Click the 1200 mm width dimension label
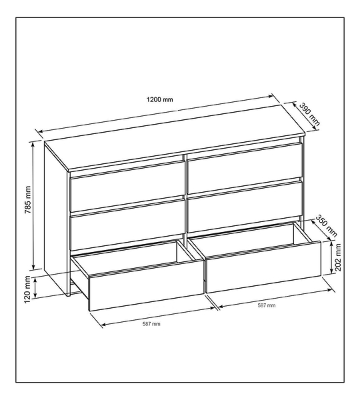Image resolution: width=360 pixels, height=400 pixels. [159, 99]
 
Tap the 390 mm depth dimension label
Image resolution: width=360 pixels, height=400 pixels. [309, 114]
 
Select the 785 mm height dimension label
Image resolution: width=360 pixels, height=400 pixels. [27, 200]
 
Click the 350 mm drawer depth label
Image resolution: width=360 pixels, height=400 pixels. [326, 226]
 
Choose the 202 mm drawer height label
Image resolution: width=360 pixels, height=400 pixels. [338, 257]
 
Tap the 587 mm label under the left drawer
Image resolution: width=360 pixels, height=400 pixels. [151, 324]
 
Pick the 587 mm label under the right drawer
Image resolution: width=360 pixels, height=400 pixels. [267, 305]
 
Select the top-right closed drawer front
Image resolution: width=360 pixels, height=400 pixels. [245, 168]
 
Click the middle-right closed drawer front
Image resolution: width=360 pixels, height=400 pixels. [245, 206]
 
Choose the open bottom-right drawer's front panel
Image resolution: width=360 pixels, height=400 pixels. [263, 267]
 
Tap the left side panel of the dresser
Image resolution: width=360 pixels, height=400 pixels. [56, 219]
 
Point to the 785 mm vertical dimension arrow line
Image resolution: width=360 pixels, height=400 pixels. [33, 206]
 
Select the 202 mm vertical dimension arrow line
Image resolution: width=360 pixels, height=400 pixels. [331, 257]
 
